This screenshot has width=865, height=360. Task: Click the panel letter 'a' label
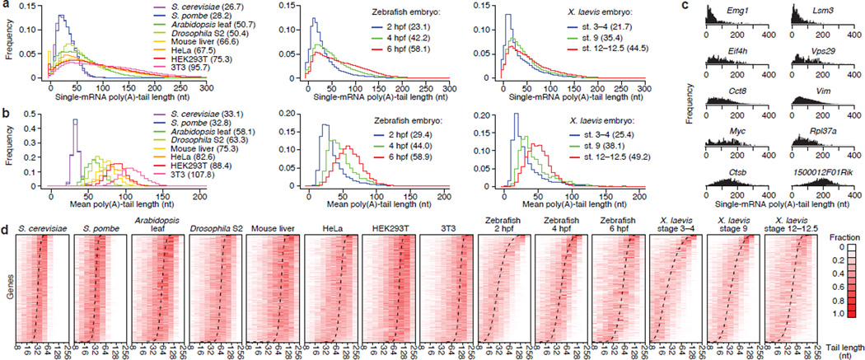tap(4, 6)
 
